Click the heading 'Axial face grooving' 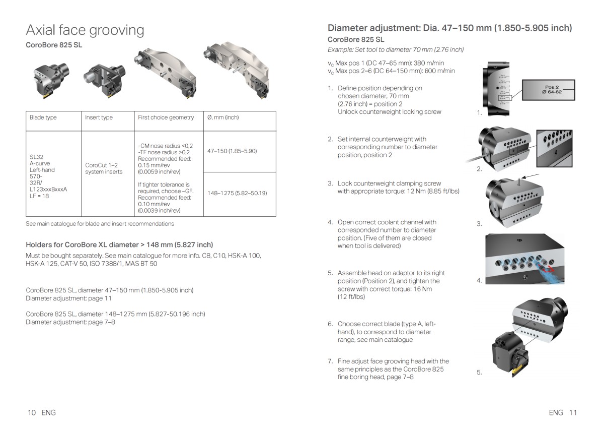tap(85, 30)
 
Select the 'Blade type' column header tap(43, 117)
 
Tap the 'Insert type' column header tap(99, 117)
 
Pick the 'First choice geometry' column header tap(166, 117)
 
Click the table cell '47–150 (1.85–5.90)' tap(232, 151)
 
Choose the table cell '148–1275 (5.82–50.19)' tap(237, 193)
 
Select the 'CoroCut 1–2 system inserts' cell tap(101, 168)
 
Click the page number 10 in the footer tap(32, 412)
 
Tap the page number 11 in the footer tap(572, 412)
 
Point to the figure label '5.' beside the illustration tap(479, 373)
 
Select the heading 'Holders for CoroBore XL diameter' tap(119, 244)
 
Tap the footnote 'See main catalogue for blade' tap(100, 223)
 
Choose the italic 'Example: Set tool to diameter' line tap(396, 49)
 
